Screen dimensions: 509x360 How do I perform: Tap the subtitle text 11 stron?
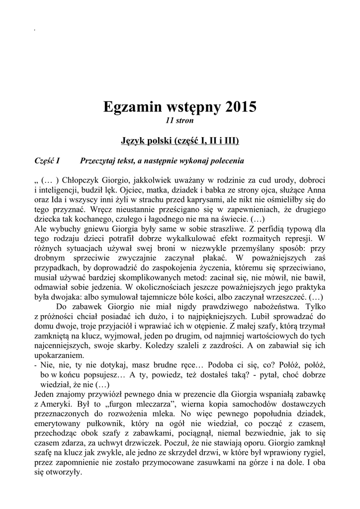180,120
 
